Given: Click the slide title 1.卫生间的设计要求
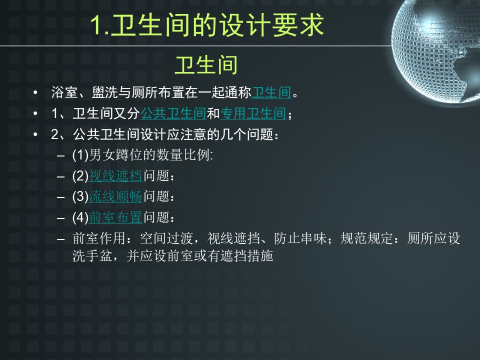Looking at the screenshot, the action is [207, 25].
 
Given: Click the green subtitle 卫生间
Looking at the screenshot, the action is [206, 65].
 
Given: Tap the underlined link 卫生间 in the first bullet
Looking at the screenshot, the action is [271, 92].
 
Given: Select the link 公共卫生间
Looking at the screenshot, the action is [173, 113].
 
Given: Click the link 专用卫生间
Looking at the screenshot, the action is [253, 113].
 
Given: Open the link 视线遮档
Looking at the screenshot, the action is [115, 176].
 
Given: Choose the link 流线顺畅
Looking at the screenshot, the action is [115, 196].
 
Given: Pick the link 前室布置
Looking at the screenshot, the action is [115, 217].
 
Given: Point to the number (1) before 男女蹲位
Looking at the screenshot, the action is [80, 155].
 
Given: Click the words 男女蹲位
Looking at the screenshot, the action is [115, 155].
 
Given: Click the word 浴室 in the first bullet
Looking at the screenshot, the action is [64, 92].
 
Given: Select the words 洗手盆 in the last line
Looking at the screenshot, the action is [92, 255].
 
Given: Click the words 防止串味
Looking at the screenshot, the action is [300, 238].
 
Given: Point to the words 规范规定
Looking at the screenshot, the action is [366, 238].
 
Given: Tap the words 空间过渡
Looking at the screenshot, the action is [166, 238].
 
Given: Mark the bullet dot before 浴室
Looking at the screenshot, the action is [35, 92].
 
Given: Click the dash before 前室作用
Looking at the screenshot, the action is [60, 239].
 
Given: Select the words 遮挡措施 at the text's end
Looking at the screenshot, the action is [246, 255].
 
